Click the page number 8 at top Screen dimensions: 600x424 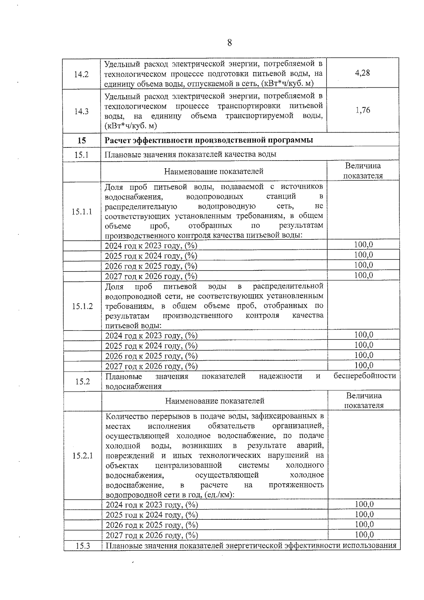click(x=229, y=43)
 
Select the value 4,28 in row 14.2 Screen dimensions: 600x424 click(x=362, y=73)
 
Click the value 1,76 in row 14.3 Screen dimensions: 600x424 click(x=363, y=110)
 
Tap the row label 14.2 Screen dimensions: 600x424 click(x=81, y=75)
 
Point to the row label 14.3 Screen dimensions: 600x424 click(x=81, y=111)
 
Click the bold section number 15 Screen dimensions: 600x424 click(x=82, y=140)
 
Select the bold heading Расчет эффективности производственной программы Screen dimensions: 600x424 click(x=209, y=140)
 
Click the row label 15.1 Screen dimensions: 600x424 click(x=82, y=155)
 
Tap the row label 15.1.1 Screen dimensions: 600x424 click(x=82, y=211)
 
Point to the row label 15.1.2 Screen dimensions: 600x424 click(x=82, y=306)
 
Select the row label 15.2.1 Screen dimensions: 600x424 click(x=82, y=456)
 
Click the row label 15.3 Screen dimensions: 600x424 click(x=83, y=546)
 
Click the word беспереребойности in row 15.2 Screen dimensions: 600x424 click(x=365, y=376)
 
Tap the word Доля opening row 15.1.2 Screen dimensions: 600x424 click(x=114, y=286)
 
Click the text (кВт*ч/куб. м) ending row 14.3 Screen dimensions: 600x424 click(x=131, y=126)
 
